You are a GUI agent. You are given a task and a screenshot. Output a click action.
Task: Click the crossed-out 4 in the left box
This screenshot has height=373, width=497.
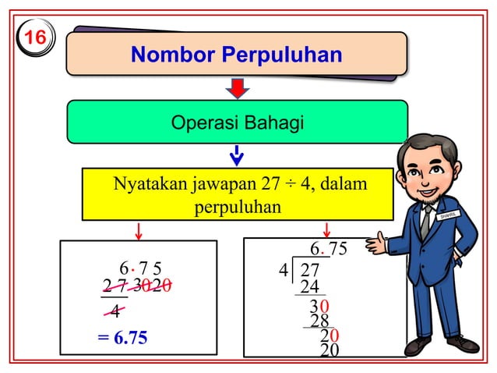click(115, 311)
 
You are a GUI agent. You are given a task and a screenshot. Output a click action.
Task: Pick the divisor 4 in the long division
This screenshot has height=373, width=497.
click(283, 271)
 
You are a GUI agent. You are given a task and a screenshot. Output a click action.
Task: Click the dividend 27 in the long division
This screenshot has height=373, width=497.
click(310, 271)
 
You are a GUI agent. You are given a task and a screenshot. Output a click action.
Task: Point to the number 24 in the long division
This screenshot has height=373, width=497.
click(310, 287)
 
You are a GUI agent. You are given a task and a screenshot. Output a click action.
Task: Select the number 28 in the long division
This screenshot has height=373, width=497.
click(319, 321)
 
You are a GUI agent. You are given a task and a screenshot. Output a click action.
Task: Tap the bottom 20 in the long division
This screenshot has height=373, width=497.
click(329, 351)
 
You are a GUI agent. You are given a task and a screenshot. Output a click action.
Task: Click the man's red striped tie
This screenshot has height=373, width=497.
click(425, 222)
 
